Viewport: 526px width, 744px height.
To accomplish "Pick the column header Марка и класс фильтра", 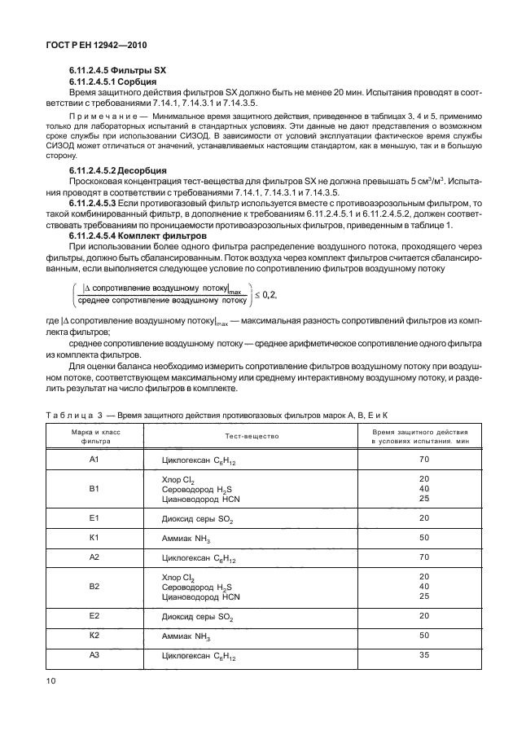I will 94,436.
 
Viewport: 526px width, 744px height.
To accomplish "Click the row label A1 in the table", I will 94,460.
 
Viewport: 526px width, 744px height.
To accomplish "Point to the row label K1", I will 94,538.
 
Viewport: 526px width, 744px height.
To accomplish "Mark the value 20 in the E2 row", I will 423,616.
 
